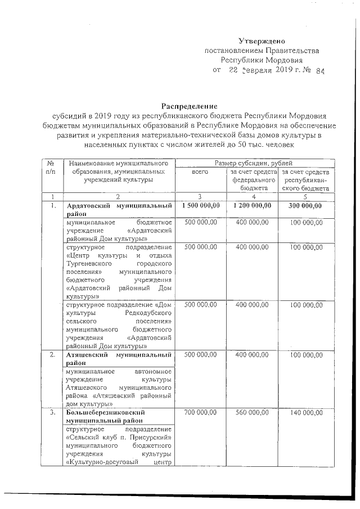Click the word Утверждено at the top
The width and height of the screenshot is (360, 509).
tap(263, 40)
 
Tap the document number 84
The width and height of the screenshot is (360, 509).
tap(321, 71)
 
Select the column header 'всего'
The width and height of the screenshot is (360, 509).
tap(200, 171)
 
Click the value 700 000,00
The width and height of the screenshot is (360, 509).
tap(200, 413)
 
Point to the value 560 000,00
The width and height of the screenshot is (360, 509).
tap(253, 413)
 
